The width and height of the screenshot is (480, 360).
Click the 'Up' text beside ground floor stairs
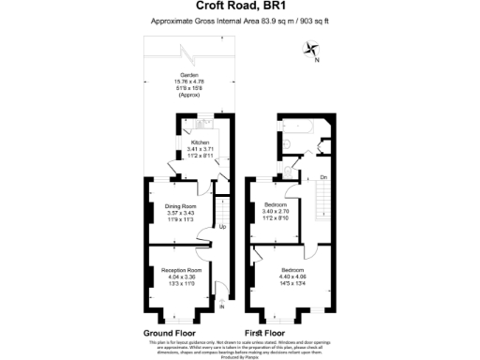pos(222,226)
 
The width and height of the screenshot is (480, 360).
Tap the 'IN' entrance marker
pos(222,307)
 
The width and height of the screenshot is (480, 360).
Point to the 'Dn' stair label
pos(322,176)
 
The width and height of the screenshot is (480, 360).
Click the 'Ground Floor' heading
pos(170,333)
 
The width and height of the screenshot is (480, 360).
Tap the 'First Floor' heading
pos(265,333)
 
